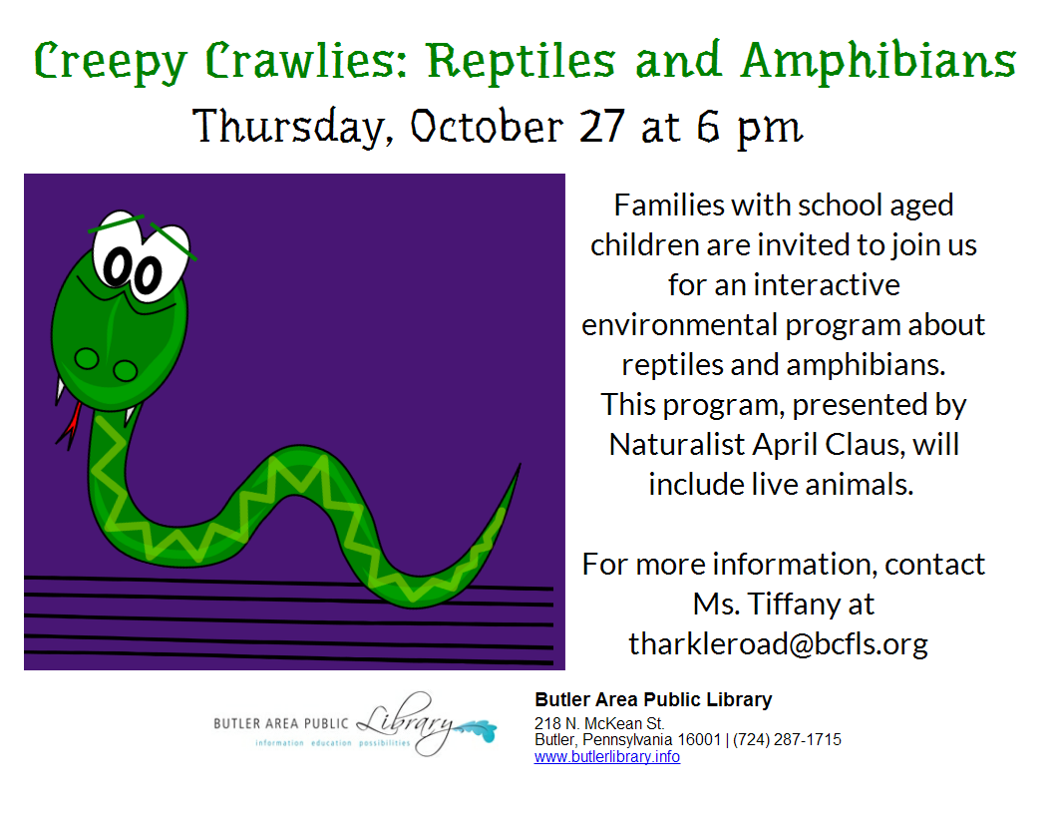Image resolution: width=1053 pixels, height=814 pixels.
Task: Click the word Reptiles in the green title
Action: click(x=522, y=62)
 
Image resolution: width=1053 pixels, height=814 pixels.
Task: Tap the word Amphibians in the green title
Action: click(x=879, y=61)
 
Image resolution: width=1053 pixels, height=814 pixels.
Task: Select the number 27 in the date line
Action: click(x=601, y=126)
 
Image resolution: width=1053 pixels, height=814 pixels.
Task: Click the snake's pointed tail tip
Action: click(x=520, y=464)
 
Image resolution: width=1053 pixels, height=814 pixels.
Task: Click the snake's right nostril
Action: click(x=126, y=370)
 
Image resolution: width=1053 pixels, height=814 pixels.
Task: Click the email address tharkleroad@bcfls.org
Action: click(x=779, y=644)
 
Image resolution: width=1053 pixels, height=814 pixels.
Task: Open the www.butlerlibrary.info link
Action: click(x=607, y=757)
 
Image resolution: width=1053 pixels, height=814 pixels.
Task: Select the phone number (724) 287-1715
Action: click(x=787, y=740)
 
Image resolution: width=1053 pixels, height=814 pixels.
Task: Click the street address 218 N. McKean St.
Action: click(x=599, y=723)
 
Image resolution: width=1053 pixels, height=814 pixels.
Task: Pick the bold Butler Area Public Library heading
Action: click(x=653, y=700)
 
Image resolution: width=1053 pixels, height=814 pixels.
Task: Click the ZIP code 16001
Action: click(x=699, y=740)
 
